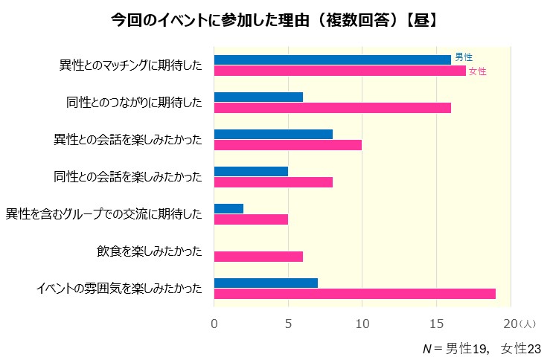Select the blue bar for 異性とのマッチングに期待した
pyautogui.click(x=332, y=60)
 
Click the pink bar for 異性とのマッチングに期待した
pyautogui.click(x=339, y=71)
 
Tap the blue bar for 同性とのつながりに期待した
pyautogui.click(x=258, y=97)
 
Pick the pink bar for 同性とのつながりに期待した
pyautogui.click(x=332, y=108)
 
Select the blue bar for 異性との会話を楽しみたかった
pyautogui.click(x=273, y=134)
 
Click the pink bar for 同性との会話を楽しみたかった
pyautogui.click(x=273, y=182)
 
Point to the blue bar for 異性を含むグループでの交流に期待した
pyautogui.click(x=228, y=208)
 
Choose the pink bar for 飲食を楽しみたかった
pyautogui.click(x=258, y=257)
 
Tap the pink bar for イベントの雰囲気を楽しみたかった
pyautogui.click(x=354, y=294)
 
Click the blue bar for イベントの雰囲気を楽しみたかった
pyautogui.click(x=266, y=283)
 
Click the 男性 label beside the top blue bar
pyautogui.click(x=464, y=57)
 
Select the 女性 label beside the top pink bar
pyautogui.click(x=477, y=71)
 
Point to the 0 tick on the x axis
pyautogui.click(x=214, y=324)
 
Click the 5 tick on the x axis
pyautogui.click(x=288, y=324)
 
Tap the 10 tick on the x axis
pyautogui.click(x=362, y=324)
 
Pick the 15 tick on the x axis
pyautogui.click(x=436, y=324)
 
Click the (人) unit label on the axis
pyautogui.click(x=528, y=324)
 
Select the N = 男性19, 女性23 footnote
pyautogui.click(x=481, y=348)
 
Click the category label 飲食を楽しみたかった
pyautogui.click(x=149, y=251)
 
